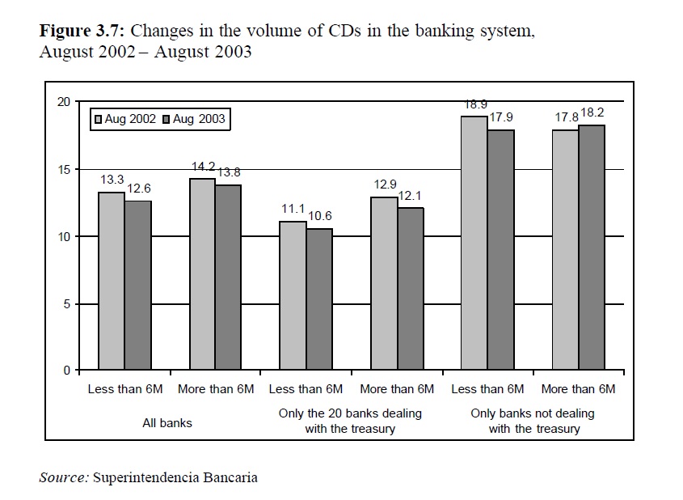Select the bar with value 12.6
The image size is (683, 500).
point(137,286)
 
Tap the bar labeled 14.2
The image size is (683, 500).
point(202,275)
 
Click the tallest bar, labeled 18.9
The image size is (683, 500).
point(474,244)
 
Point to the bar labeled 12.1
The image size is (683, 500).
point(411,289)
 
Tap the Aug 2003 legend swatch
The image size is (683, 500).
point(167,119)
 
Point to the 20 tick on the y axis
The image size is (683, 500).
point(64,101)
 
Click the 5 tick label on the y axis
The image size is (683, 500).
point(67,303)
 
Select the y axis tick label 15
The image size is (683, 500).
point(64,169)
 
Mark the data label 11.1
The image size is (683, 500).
point(293,210)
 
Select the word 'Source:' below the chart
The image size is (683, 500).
point(64,477)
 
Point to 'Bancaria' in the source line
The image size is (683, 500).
point(233,477)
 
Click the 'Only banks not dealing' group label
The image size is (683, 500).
point(533,413)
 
